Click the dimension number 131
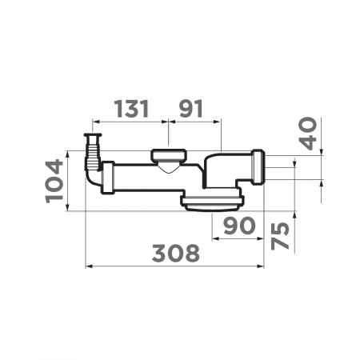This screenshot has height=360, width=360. (x=131, y=109)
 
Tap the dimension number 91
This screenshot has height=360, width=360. (x=191, y=109)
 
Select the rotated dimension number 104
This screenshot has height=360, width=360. (x=54, y=182)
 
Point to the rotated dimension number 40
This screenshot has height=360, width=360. (x=308, y=134)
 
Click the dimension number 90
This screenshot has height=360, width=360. (x=239, y=226)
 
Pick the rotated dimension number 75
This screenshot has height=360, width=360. (x=280, y=236)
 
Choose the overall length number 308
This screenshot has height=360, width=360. (x=176, y=253)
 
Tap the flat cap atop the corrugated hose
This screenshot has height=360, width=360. (x=93, y=135)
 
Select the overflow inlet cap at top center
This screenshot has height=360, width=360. (x=169, y=155)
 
